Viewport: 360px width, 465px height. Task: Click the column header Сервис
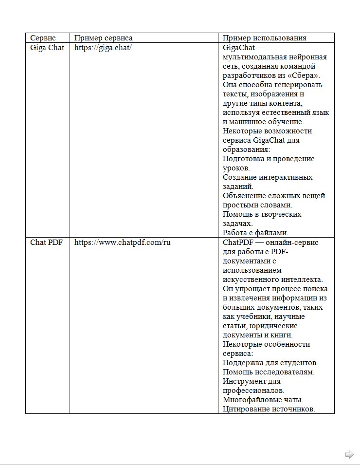pos(43,38)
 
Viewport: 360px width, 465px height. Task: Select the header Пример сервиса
pos(103,38)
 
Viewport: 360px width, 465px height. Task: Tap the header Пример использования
pos(264,38)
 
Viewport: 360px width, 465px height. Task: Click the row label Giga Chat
pos(47,48)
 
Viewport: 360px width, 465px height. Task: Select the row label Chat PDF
pos(46,242)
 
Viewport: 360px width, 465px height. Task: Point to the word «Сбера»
pos(309,75)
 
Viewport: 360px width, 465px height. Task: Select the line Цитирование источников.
pos(269,409)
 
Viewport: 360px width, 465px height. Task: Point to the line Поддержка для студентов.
pos(270,363)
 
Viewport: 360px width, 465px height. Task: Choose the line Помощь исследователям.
pos(268,372)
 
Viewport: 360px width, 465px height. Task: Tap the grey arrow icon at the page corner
pos(349,455)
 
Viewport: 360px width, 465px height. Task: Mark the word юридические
pos(273,326)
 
